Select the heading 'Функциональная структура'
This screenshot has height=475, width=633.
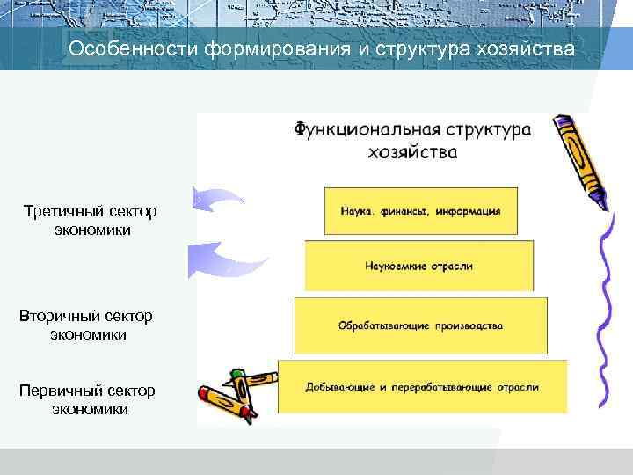412,129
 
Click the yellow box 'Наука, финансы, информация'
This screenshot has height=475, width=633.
420,210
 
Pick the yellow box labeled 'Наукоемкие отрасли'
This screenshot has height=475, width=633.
418,265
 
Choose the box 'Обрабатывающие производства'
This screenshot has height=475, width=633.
420,325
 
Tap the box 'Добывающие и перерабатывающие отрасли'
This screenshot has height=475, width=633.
422,386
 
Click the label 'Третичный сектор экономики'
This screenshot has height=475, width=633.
91,221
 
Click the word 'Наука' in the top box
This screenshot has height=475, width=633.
356,211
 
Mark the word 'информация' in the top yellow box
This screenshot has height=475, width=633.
471,211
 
